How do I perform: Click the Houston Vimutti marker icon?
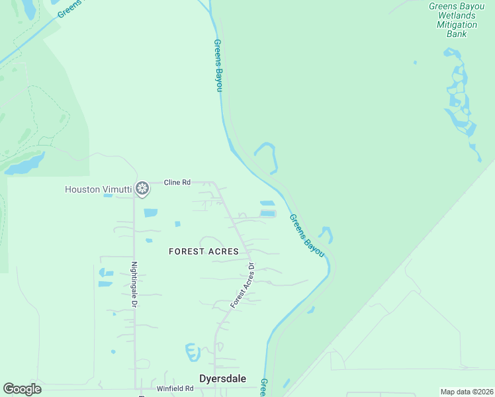click(142, 189)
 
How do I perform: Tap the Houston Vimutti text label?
click(98, 189)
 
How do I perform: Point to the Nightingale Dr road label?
click(134, 285)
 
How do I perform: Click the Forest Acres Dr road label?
click(243, 285)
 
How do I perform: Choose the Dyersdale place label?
click(223, 378)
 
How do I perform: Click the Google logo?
click(22, 389)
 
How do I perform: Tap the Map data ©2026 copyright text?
click(467, 392)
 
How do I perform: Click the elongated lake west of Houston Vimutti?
click(25, 164)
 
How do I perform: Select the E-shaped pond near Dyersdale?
click(193, 352)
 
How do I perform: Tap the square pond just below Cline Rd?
click(151, 213)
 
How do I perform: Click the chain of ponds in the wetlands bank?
click(461, 99)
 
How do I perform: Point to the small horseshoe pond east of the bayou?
click(325, 234)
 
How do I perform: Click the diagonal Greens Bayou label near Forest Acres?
click(306, 236)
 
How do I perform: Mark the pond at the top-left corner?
click(29, 8)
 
